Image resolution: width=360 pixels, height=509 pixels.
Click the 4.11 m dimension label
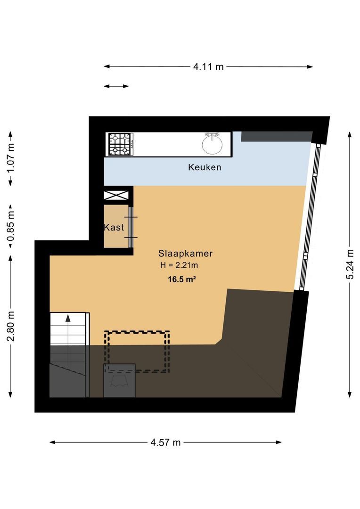pos(208,66)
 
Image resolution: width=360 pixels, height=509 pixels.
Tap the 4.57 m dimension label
pos(165,442)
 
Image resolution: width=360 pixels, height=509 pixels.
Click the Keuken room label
pos(205,167)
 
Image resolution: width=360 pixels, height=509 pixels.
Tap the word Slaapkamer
pos(185,254)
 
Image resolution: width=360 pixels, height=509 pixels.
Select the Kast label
pos(114,227)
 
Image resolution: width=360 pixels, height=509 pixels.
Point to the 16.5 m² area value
pos(182,279)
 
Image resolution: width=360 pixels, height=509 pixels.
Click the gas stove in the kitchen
pos(120,144)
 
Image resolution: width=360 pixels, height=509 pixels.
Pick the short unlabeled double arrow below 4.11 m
pos(116,86)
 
